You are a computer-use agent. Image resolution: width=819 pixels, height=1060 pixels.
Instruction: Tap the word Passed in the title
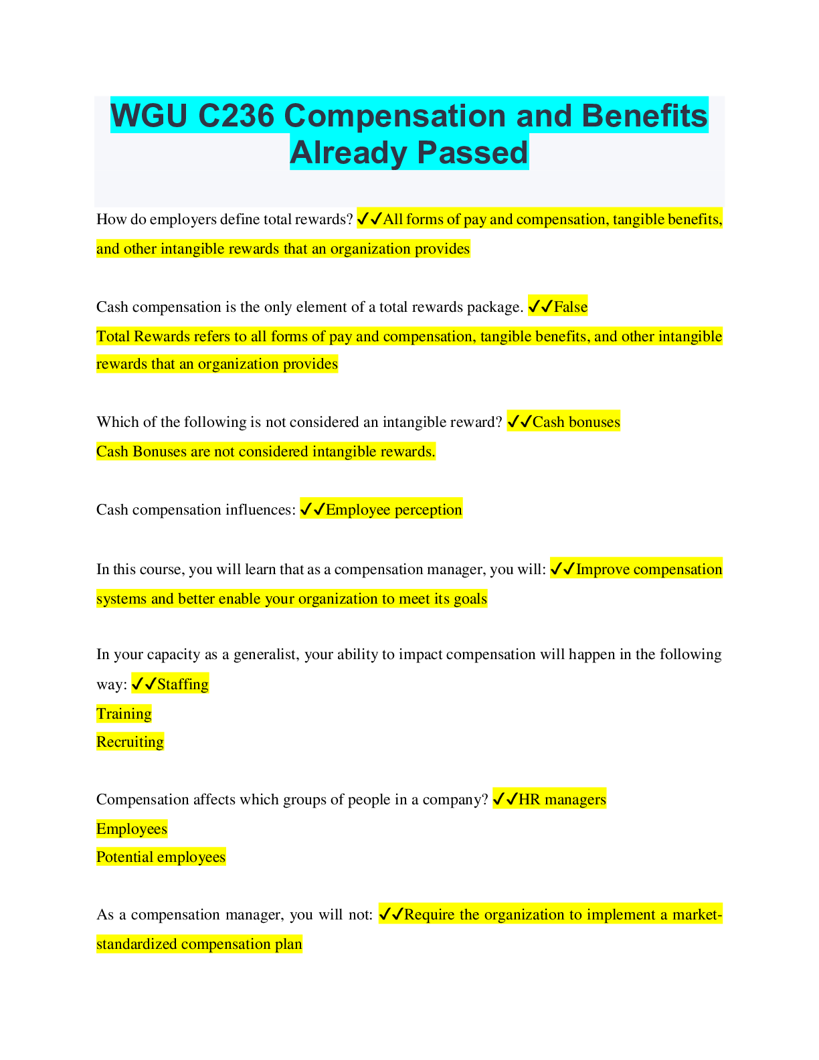tap(472, 152)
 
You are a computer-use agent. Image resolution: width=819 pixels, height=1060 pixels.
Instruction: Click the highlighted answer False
tap(571, 306)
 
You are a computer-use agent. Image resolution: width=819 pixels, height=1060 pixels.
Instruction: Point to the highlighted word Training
tap(124, 713)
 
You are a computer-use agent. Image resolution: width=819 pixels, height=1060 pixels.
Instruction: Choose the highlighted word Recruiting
tap(130, 741)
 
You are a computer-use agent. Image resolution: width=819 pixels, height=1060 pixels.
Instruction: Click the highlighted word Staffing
tap(183, 684)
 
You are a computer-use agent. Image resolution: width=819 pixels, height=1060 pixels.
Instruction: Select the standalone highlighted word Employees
tap(132, 828)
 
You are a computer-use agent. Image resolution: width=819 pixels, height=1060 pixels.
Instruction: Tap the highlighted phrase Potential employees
tap(161, 857)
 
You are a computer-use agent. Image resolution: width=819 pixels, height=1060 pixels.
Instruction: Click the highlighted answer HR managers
tap(563, 799)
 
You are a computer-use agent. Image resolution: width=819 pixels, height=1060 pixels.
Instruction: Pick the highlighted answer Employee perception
tap(394, 509)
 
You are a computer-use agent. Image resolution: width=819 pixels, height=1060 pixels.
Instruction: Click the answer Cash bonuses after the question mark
tap(576, 422)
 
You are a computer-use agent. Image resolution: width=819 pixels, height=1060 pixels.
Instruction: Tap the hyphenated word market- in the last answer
tap(697, 914)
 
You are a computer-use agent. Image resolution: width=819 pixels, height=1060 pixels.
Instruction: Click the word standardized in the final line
tap(136, 944)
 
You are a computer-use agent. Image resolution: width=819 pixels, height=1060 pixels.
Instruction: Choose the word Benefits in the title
tap(644, 116)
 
